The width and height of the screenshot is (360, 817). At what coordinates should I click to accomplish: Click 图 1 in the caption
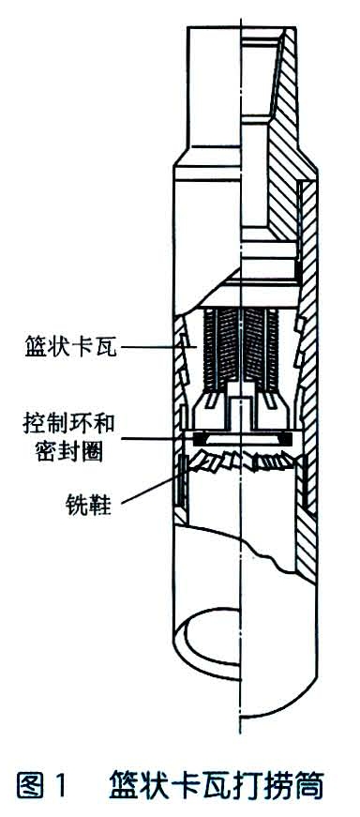coord(44,784)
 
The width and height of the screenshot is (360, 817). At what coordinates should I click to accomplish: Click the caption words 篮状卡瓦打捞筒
coord(217,784)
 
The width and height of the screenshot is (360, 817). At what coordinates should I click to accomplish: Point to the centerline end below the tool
coord(242,718)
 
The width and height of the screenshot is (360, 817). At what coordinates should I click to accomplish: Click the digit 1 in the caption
coord(62,784)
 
